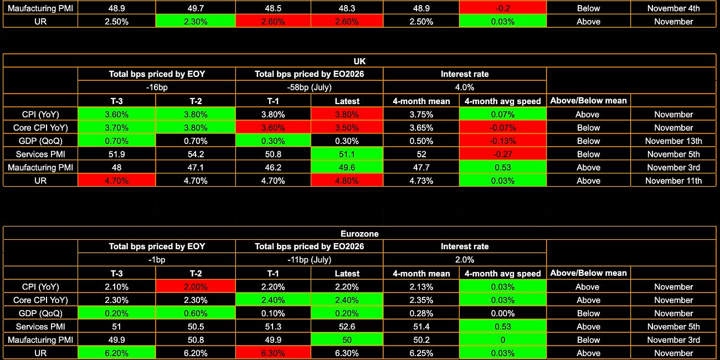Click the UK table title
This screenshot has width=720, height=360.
359,61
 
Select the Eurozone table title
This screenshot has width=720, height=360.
359,233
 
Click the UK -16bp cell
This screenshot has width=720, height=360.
156,87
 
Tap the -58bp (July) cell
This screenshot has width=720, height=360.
309,87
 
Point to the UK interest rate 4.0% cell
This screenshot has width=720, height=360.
464,87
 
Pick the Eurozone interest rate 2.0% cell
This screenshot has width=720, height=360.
464,260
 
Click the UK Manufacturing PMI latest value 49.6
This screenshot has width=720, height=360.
347,167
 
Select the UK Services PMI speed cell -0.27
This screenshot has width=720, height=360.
502,154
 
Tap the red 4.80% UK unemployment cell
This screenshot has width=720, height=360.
347,181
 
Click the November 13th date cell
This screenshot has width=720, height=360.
673,141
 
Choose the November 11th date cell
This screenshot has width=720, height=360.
673,181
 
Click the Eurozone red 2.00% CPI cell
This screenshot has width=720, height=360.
195,287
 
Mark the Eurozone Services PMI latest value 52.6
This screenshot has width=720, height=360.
347,327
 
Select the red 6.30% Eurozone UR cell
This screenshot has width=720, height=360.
272,353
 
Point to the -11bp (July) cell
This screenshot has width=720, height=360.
309,260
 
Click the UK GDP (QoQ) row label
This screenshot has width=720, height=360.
40,141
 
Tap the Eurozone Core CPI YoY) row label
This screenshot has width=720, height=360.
40,300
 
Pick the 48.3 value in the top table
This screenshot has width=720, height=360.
347,8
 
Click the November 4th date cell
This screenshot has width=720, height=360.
673,8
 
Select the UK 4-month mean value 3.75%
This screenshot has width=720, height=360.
421,114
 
